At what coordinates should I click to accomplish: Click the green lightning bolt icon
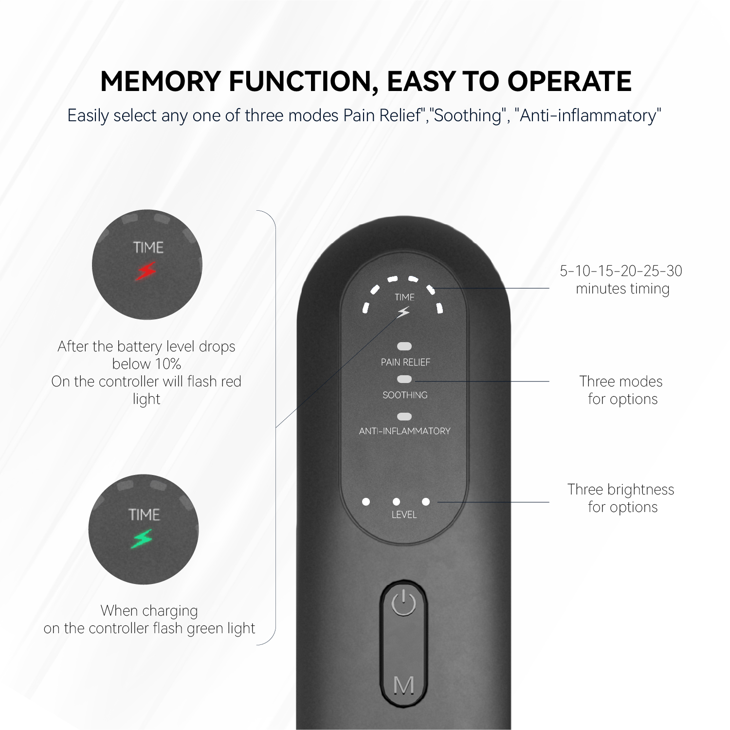coord(142,539)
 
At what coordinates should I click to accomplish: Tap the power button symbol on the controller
coord(403,603)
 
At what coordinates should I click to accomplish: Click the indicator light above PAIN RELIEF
coord(404,347)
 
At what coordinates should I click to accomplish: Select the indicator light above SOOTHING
coord(404,379)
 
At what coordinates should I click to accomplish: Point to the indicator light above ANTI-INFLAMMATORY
coord(404,417)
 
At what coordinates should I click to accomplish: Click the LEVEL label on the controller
coord(404,514)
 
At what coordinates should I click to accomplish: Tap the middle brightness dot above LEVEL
coord(396,502)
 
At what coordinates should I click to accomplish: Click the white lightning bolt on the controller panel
coord(403,312)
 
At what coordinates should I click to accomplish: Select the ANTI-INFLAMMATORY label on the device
coord(404,431)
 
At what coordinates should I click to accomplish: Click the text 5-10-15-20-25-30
coord(621,271)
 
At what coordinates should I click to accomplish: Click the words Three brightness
coord(620,489)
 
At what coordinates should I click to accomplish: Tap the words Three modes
coord(620,381)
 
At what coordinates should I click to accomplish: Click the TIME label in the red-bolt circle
coord(148,247)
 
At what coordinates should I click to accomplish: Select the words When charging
coord(149,610)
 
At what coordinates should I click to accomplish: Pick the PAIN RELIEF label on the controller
coord(405,362)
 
